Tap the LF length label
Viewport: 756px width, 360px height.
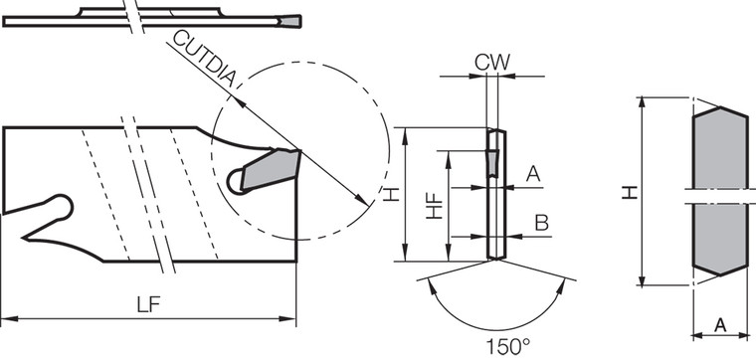(x=149, y=304)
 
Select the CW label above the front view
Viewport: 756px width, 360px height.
(x=491, y=62)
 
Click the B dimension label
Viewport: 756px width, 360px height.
(x=541, y=222)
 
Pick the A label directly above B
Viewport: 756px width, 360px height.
(x=532, y=174)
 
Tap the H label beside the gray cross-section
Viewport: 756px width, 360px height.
(x=630, y=190)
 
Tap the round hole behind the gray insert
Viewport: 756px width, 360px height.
(x=236, y=180)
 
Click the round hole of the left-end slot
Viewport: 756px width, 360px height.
(x=62, y=207)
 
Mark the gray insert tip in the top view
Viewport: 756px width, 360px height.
(x=291, y=21)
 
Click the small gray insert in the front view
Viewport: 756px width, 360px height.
(x=492, y=163)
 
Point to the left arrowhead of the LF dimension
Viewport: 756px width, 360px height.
(x=8, y=319)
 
